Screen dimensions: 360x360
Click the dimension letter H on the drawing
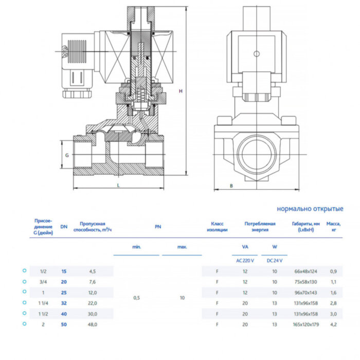(181, 91)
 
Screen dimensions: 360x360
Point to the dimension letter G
(66, 155)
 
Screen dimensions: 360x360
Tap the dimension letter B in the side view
(231, 185)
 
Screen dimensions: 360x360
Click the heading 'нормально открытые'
(310, 209)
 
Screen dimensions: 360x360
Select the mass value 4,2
(333, 325)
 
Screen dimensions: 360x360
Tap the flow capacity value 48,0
(93, 325)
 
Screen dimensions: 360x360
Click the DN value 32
(64, 303)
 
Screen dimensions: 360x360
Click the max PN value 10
(182, 298)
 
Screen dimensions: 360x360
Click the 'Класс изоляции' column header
(218, 227)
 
